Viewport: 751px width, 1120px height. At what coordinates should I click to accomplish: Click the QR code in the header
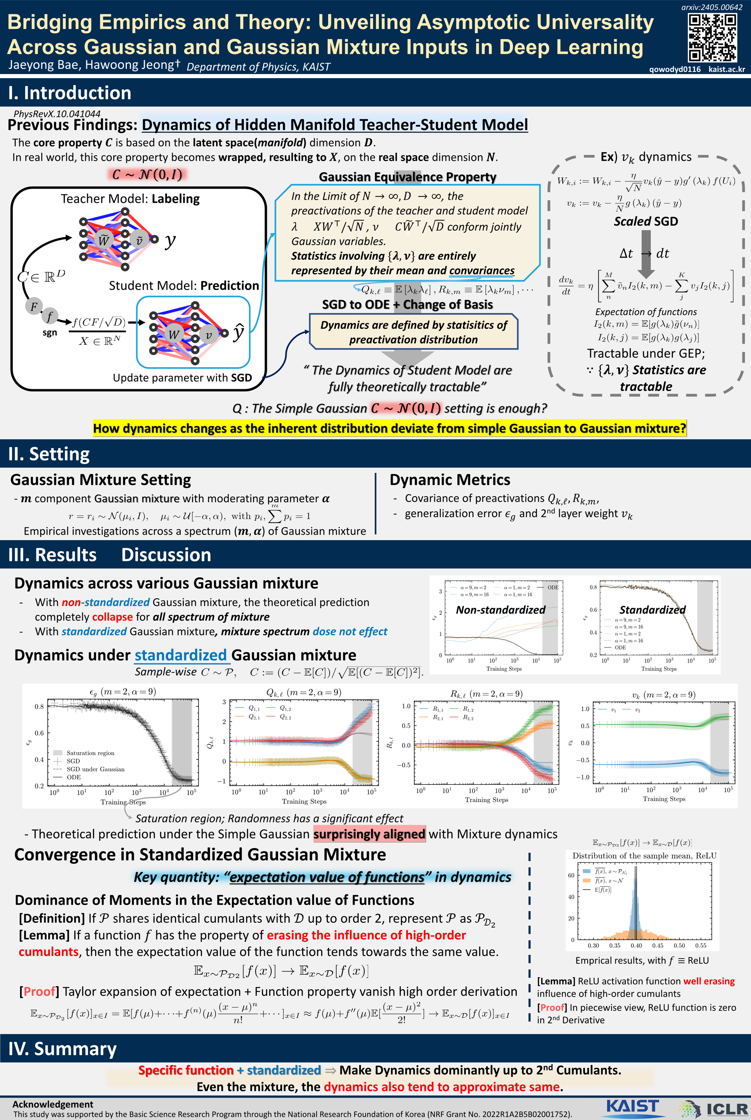tap(712, 38)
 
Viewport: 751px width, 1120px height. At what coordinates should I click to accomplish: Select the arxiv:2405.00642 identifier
tap(712, 7)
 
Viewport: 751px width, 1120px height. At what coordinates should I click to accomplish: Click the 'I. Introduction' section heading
tap(70, 93)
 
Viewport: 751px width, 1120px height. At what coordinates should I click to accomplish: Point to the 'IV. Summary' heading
tap(62, 1049)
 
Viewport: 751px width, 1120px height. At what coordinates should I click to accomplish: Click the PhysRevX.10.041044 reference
tap(57, 114)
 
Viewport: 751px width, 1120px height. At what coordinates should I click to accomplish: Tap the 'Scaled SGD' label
tap(646, 221)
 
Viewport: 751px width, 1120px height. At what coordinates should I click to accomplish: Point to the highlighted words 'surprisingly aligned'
tap(369, 834)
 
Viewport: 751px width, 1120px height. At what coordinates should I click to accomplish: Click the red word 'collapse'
tap(112, 617)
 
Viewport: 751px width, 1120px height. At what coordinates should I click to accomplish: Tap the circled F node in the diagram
tap(34, 306)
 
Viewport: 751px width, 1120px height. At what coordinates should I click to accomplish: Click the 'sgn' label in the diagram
tap(50, 333)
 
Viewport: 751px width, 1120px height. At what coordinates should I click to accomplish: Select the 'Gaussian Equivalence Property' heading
tap(408, 177)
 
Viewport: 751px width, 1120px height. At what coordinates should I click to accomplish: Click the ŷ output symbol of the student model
tap(238, 332)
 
